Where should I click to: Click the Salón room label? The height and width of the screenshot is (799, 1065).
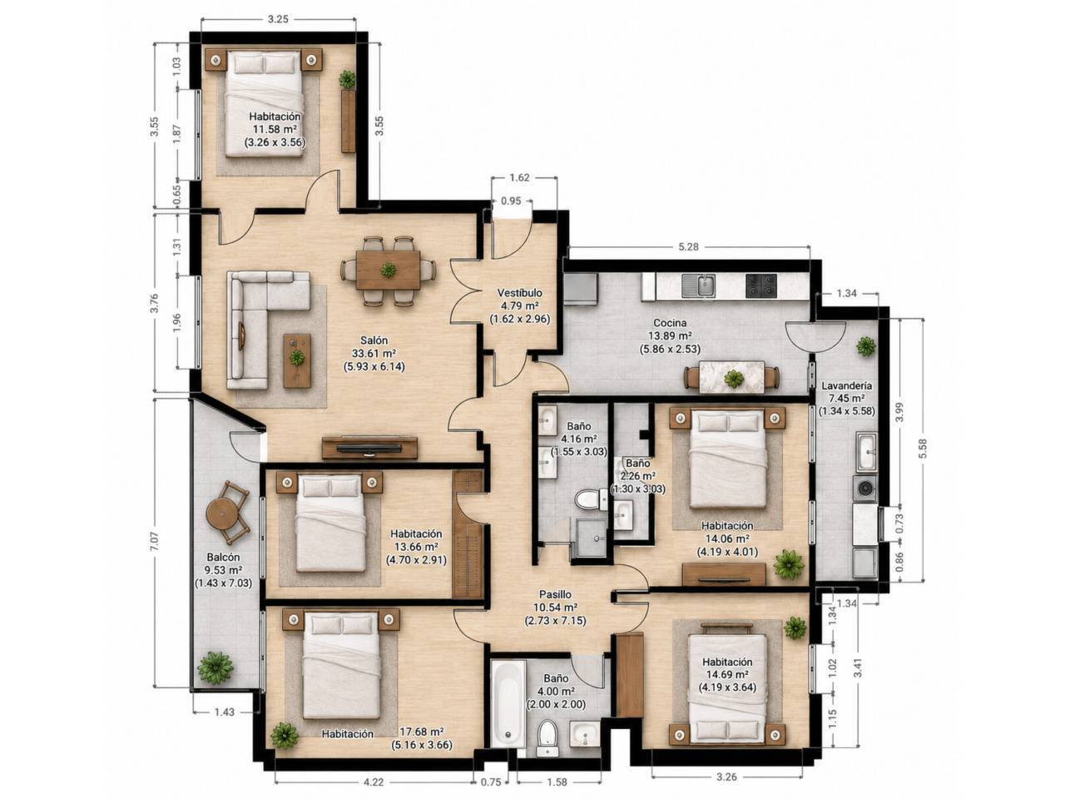[374, 340]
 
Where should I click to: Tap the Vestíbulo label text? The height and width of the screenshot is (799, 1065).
[520, 293]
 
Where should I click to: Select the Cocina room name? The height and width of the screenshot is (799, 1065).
[670, 323]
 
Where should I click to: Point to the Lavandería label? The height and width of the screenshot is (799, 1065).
[847, 386]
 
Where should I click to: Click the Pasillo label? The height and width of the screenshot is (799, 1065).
[555, 594]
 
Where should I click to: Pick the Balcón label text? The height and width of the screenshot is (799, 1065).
[223, 558]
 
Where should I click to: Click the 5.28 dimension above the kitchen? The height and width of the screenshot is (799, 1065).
[688, 246]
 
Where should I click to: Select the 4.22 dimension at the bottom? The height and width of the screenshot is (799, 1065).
[373, 782]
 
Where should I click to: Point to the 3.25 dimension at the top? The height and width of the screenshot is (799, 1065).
[278, 19]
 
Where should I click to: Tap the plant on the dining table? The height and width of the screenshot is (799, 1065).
[388, 269]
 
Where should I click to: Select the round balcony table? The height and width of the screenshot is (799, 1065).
[222, 514]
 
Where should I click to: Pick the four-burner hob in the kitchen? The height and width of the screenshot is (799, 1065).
[760, 285]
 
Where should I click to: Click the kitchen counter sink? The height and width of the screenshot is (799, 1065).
[698, 285]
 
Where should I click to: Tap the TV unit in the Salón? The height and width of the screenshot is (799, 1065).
[369, 448]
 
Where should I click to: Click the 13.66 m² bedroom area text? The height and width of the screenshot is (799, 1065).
[416, 547]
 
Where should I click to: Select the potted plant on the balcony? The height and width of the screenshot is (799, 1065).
[215, 668]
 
